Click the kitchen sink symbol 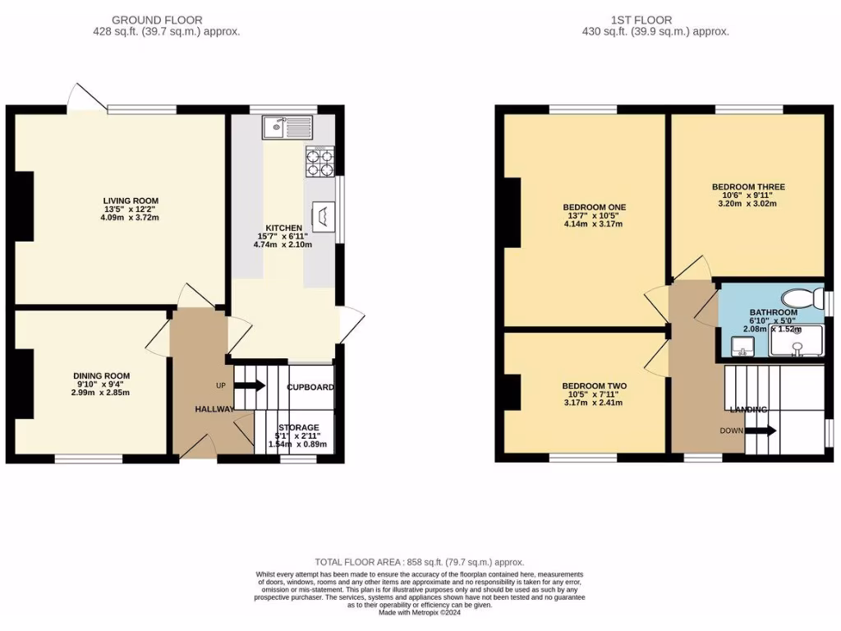click(287, 127)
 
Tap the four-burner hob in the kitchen click(320, 161)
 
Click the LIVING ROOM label click(131, 200)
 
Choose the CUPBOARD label click(310, 387)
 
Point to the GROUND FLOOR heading click(157, 20)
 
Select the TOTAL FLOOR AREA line click(420, 562)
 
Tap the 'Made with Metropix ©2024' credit click(420, 612)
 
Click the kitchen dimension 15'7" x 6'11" click(283, 236)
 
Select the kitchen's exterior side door click(353, 320)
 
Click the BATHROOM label click(773, 312)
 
